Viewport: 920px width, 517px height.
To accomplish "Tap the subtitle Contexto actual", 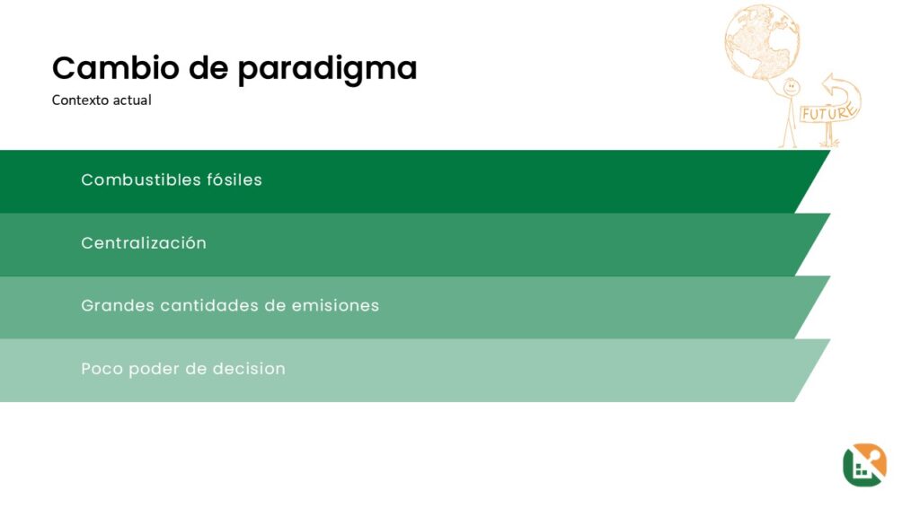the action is (x=102, y=101).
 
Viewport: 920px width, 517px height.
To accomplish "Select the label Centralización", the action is (x=144, y=242).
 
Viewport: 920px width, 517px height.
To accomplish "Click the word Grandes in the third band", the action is (x=117, y=305).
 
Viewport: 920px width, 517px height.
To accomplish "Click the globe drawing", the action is (x=762, y=41).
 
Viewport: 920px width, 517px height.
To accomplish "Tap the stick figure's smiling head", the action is (x=792, y=88).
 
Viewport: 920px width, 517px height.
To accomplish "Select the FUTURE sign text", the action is (x=827, y=112).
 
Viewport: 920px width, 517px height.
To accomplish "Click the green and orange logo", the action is (x=864, y=465).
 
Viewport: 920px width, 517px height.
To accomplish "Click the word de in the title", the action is (x=208, y=67).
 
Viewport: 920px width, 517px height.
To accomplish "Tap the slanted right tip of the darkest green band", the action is (x=829, y=151).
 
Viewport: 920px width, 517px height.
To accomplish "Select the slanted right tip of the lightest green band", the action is (x=829, y=340).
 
